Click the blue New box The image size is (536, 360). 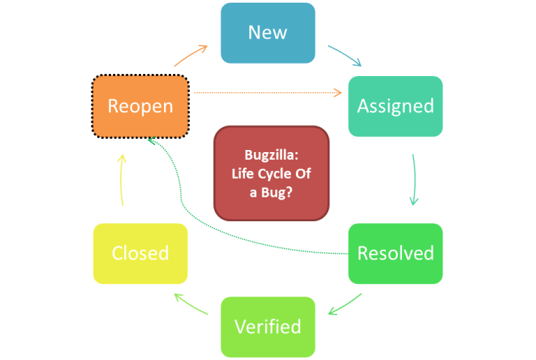268,33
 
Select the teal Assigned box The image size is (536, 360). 395,106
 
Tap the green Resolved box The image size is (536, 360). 395,253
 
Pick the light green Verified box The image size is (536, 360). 268,327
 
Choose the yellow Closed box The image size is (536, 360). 140,253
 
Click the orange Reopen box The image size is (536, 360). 140,106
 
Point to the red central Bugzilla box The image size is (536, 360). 272,173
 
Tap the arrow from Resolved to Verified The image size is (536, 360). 345,304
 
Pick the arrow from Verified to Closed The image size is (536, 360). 191,304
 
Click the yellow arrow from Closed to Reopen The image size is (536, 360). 122,179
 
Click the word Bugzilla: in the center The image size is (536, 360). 271,155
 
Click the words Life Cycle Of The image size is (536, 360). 271,173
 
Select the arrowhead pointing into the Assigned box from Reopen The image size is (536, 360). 338,92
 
